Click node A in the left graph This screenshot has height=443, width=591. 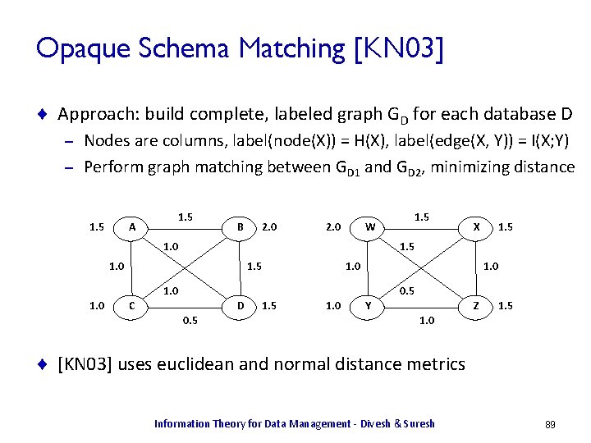click(134, 226)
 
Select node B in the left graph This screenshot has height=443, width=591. click(239, 226)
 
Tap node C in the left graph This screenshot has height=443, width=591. click(134, 306)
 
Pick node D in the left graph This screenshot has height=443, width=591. click(239, 306)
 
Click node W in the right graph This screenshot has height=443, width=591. click(370, 226)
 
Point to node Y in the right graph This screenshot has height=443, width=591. click(370, 306)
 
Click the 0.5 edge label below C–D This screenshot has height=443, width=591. click(190, 321)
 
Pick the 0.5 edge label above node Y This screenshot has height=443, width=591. click(407, 290)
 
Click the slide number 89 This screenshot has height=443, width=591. click(550, 424)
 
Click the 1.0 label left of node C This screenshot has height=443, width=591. click(98, 306)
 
